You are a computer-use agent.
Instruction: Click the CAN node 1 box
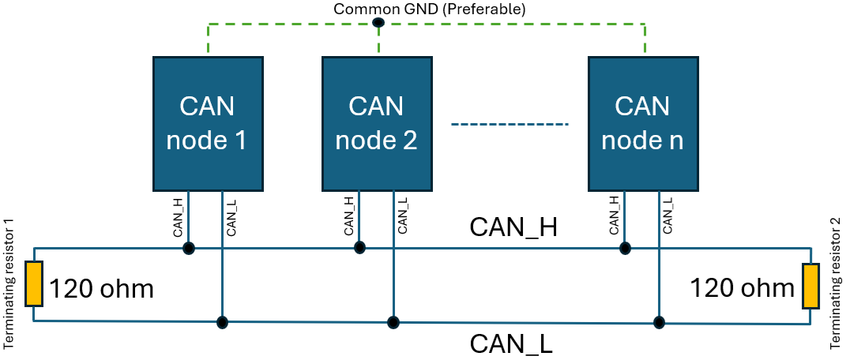pyautogui.click(x=208, y=123)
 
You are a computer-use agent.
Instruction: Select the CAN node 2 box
pyautogui.click(x=377, y=123)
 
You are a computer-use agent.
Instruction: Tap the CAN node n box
pyautogui.click(x=642, y=123)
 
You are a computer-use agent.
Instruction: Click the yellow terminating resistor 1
pyautogui.click(x=33, y=284)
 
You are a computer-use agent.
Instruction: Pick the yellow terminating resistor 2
pyautogui.click(x=810, y=286)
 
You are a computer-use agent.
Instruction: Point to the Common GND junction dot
pyautogui.click(x=378, y=22)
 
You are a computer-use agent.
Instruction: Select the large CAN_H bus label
pyautogui.click(x=513, y=227)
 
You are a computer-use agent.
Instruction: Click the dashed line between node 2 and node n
pyautogui.click(x=509, y=124)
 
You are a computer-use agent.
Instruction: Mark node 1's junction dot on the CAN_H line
pyautogui.click(x=189, y=249)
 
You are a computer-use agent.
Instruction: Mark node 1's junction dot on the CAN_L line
pyautogui.click(x=223, y=322)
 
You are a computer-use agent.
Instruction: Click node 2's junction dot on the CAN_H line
pyautogui.click(x=359, y=248)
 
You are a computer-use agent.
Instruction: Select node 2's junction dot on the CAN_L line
pyautogui.click(x=393, y=322)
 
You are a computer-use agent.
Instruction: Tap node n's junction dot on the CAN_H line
pyautogui.click(x=625, y=248)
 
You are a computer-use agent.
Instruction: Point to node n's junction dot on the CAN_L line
pyautogui.click(x=658, y=322)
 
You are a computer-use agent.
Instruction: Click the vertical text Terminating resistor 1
pyautogui.click(x=9, y=284)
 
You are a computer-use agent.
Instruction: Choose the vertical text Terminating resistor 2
pyautogui.click(x=835, y=284)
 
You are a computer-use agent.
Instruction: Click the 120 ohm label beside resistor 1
pyautogui.click(x=101, y=290)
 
